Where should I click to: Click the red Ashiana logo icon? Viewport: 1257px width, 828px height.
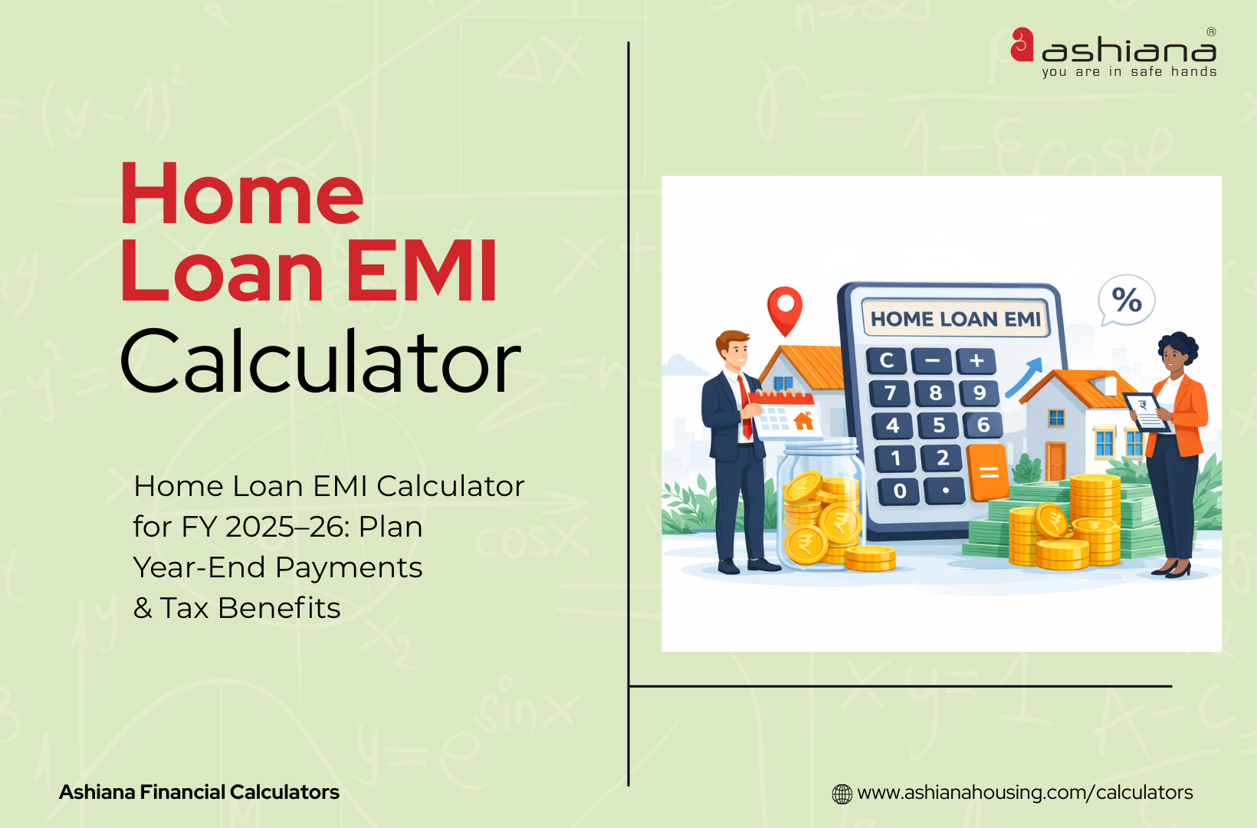click(1022, 44)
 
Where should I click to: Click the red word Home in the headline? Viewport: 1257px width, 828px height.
click(242, 194)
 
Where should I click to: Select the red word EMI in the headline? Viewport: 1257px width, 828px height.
click(422, 271)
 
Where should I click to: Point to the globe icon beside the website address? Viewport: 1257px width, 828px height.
click(842, 793)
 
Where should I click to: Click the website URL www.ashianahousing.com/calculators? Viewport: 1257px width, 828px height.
click(1025, 792)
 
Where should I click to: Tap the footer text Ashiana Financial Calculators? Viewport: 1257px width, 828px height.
click(199, 792)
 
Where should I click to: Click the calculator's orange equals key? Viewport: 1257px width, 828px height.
click(988, 472)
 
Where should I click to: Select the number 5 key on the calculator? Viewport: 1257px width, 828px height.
click(939, 425)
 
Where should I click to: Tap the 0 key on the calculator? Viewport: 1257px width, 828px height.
click(899, 491)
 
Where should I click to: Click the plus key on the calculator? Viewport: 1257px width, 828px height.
click(976, 360)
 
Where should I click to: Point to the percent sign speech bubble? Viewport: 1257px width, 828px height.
click(1126, 300)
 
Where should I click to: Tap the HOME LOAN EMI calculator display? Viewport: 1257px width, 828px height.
click(956, 318)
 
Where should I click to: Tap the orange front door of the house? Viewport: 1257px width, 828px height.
click(1055, 462)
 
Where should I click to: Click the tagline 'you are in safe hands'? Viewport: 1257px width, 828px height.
click(1129, 72)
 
